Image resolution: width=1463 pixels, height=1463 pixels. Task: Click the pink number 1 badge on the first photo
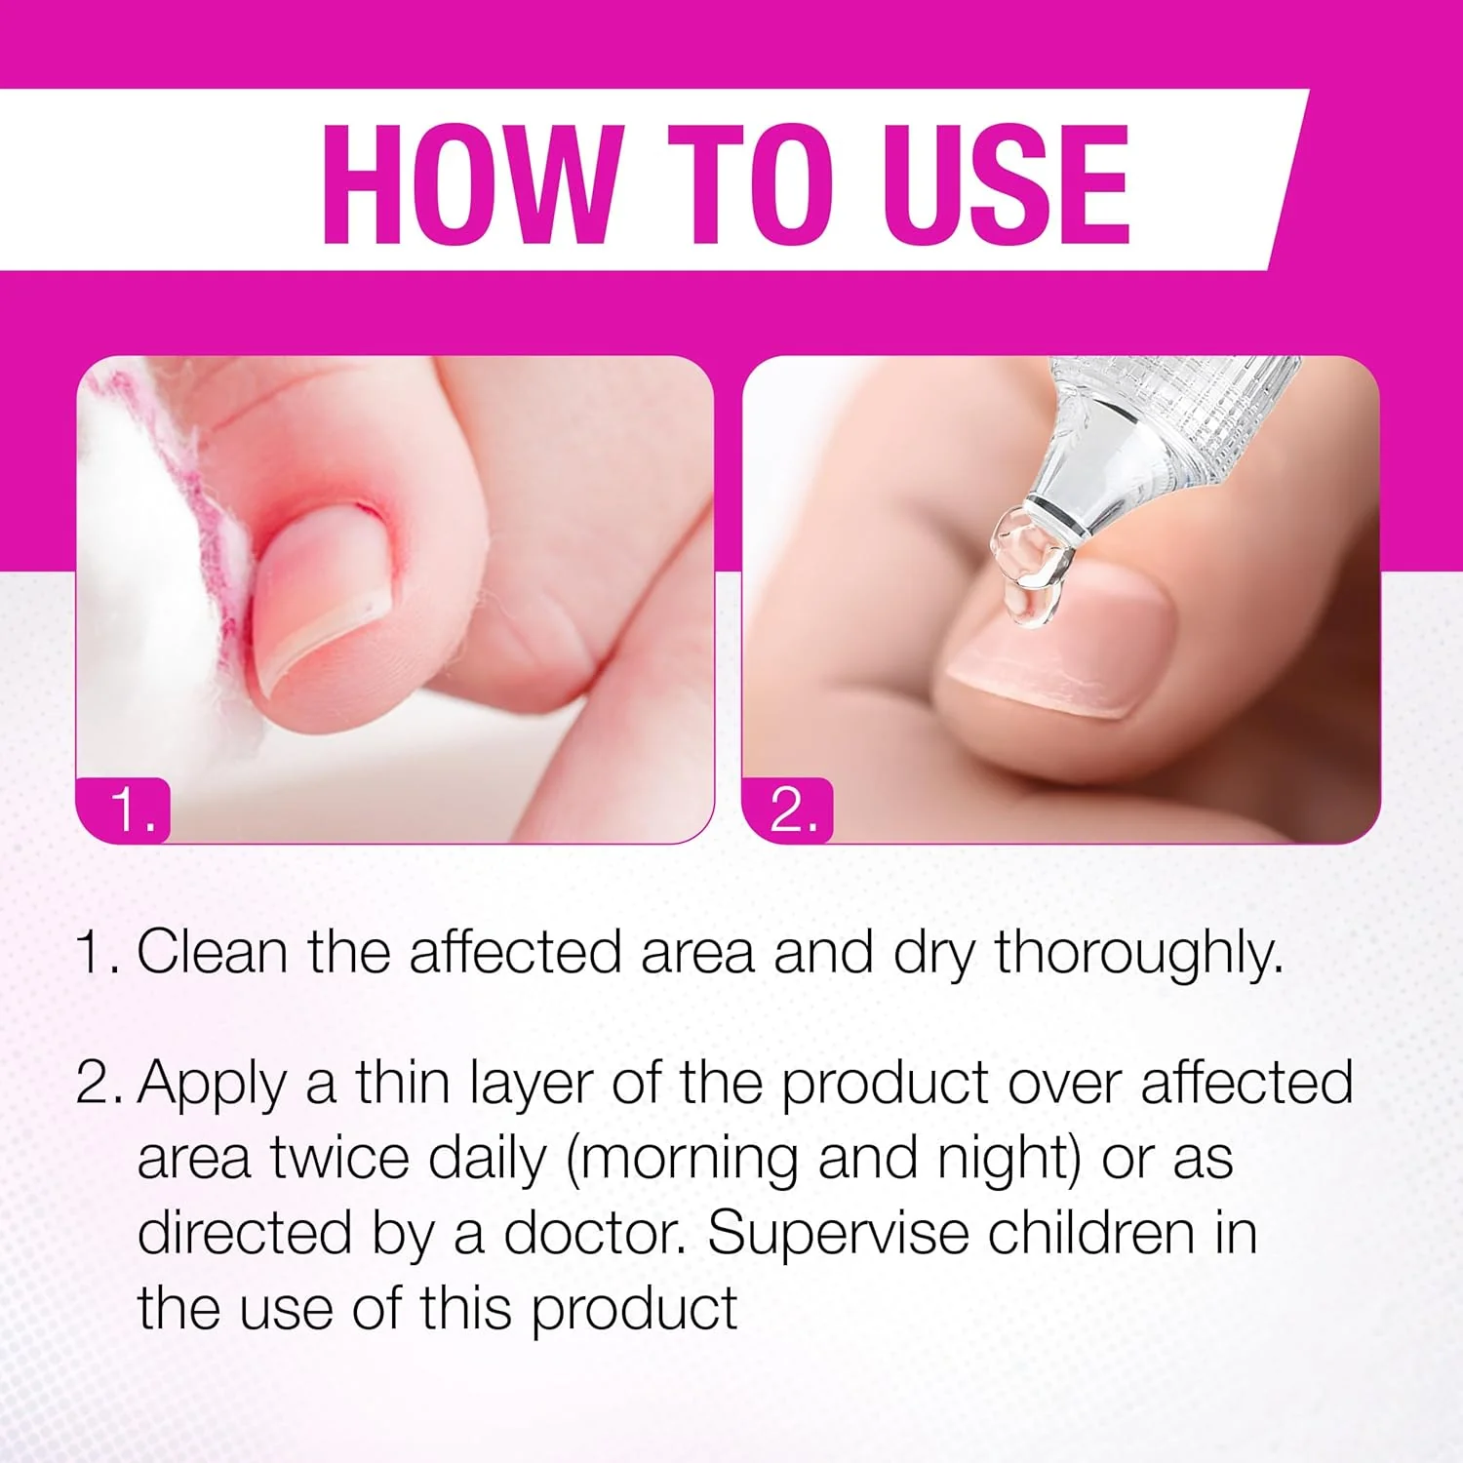pyautogui.click(x=124, y=810)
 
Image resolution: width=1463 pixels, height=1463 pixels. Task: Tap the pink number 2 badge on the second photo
pyautogui.click(x=788, y=810)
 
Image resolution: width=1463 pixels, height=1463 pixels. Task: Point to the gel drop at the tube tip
pyautogui.click(x=1031, y=567)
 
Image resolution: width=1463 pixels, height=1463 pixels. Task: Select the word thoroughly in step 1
pyautogui.click(x=1138, y=954)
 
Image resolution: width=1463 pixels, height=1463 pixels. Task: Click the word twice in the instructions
pyautogui.click(x=340, y=1159)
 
